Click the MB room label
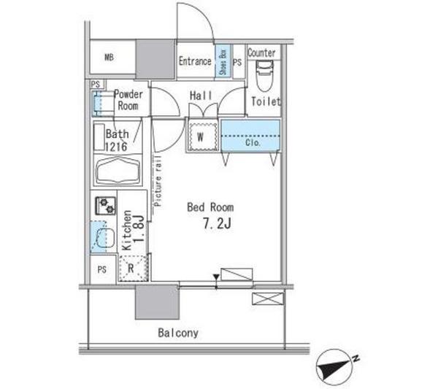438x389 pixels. pyautogui.click(x=109, y=57)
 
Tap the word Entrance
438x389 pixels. pyautogui.click(x=195, y=61)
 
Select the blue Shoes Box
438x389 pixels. pyautogui.click(x=223, y=61)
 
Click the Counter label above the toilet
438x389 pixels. pyautogui.click(x=261, y=53)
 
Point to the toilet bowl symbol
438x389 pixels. pyautogui.click(x=264, y=76)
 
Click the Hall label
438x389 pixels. pyautogui.click(x=201, y=96)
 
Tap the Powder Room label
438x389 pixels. pyautogui.click(x=128, y=100)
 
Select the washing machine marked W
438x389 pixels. pyautogui.click(x=202, y=136)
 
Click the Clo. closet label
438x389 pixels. pyautogui.click(x=253, y=143)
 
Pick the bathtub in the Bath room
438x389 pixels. pyautogui.click(x=118, y=170)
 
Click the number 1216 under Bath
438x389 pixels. pyautogui.click(x=116, y=147)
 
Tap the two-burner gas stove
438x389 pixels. pyautogui.click(x=106, y=206)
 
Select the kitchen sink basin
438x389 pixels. pyautogui.click(x=106, y=238)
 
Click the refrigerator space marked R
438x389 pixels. pyautogui.click(x=133, y=268)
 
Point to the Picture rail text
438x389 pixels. pyautogui.click(x=158, y=181)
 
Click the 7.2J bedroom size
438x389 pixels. pyautogui.click(x=217, y=223)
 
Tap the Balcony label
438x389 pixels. pyautogui.click(x=178, y=333)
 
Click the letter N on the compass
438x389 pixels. pyautogui.click(x=356, y=358)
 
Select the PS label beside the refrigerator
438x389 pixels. pyautogui.click(x=102, y=269)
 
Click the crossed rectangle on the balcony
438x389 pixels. pyautogui.click(x=268, y=299)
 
